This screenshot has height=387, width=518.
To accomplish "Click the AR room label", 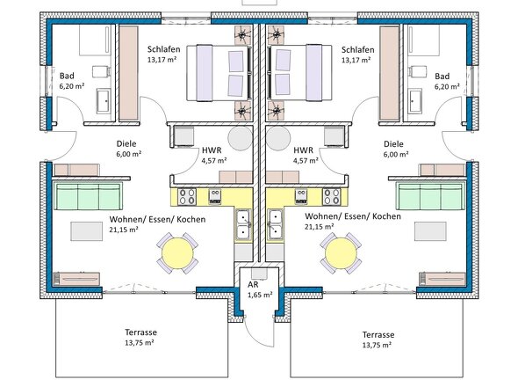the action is [253, 284].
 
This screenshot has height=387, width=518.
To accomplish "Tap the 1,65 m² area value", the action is [261, 295].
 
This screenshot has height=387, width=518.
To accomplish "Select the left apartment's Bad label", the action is [67, 76].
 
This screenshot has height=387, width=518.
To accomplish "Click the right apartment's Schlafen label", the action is [358, 49].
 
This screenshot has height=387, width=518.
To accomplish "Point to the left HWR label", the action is [212, 150].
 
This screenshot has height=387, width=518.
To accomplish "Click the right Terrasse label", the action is [378, 335].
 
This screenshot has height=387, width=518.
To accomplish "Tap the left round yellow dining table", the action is [177, 253].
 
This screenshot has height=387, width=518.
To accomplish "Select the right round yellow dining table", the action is [341, 253].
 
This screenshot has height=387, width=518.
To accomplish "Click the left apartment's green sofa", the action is [88, 196].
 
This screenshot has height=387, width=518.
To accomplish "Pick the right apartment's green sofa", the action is [430, 196].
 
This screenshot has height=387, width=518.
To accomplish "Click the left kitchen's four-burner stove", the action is [187, 197].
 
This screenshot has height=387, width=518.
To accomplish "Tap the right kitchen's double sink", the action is [275, 224].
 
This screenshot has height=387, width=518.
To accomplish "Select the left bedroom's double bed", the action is [218, 72].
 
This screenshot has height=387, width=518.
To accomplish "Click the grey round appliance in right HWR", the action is [278, 138].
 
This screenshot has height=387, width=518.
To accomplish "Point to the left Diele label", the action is [126, 143].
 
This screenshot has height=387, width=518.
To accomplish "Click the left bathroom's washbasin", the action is [103, 100].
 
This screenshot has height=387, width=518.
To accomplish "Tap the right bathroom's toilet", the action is [414, 71].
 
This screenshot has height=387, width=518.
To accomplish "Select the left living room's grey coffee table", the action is [87, 231].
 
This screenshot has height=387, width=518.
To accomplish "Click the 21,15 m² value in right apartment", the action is [319, 227].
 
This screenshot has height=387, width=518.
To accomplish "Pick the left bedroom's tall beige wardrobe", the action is [128, 73].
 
